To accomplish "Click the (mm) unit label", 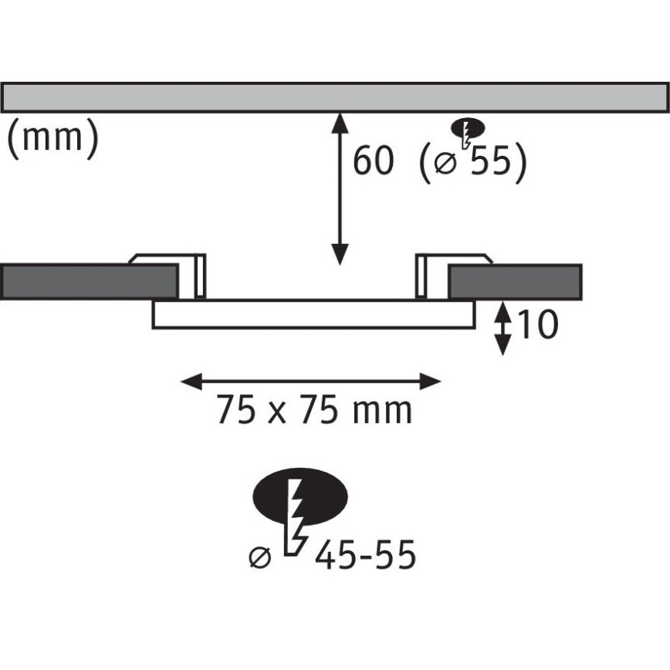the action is point(53,137).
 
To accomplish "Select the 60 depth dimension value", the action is point(373,161).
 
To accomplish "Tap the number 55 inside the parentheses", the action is point(491,161).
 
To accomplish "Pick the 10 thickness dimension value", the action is point(537,325).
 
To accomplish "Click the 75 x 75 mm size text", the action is point(314,409).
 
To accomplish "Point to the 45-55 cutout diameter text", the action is point(365,555).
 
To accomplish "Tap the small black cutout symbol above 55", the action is point(469,128).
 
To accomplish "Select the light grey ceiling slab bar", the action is point(334,97).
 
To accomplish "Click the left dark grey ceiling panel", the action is point(89,282).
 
